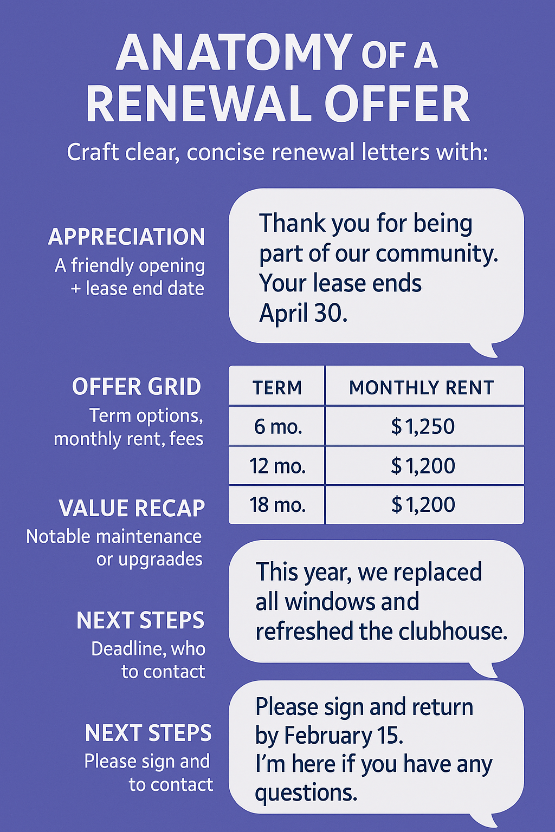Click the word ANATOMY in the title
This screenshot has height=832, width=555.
point(234,53)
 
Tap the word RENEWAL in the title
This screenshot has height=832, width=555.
point(200,105)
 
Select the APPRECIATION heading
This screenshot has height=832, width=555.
point(127,237)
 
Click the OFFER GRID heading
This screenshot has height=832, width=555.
point(137,387)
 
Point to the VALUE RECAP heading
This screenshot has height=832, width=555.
point(132,508)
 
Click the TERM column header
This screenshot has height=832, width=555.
point(277,388)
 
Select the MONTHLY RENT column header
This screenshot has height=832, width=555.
point(422,388)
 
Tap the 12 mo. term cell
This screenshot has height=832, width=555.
point(277,466)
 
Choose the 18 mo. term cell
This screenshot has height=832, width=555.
point(277,505)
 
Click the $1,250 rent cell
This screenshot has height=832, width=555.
point(423,427)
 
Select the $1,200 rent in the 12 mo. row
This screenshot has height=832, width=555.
point(423,466)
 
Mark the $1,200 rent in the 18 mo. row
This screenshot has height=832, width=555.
point(423,505)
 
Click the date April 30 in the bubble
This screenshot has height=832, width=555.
point(303,313)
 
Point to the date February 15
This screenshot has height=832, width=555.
point(344,736)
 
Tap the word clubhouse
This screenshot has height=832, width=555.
point(453,632)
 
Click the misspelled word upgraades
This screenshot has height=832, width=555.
point(160,559)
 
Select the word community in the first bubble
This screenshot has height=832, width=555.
point(436,253)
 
